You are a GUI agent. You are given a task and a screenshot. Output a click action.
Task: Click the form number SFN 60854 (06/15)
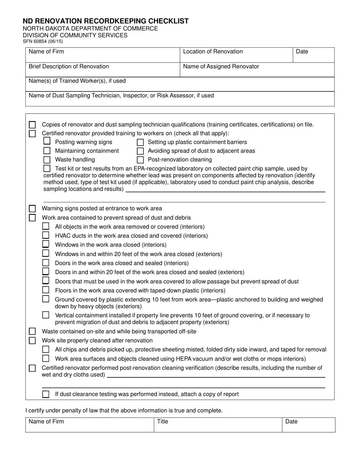point(43,42)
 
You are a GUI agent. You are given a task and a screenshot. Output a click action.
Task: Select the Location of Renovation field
point(236,55)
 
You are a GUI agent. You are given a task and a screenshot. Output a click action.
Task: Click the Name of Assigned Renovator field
point(257,70)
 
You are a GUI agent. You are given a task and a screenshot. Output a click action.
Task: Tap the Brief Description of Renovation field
point(102,70)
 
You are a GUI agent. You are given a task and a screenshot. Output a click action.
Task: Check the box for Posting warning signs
point(47,142)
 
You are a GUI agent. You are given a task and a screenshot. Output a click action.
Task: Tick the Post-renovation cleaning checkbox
point(140,160)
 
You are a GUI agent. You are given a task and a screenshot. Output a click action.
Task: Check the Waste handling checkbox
point(47,160)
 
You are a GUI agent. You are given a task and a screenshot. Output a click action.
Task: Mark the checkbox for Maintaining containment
point(47,151)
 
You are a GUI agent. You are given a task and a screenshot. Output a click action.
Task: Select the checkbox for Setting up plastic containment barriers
point(140,142)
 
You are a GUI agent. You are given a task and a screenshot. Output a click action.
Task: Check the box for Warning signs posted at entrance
point(33,209)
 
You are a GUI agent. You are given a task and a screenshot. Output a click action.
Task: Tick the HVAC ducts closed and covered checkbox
point(46,235)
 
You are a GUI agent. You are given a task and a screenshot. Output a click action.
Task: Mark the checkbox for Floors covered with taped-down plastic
point(46,290)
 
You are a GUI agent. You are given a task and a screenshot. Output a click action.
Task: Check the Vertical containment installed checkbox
point(46,315)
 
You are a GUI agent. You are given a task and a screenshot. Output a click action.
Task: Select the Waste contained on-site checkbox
point(33,332)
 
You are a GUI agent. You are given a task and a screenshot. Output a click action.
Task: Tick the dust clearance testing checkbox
point(46,394)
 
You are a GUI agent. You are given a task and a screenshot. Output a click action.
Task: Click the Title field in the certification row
point(218,425)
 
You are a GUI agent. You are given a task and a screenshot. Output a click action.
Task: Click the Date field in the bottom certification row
point(308,425)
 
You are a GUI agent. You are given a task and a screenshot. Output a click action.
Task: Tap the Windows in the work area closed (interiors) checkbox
point(46,244)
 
